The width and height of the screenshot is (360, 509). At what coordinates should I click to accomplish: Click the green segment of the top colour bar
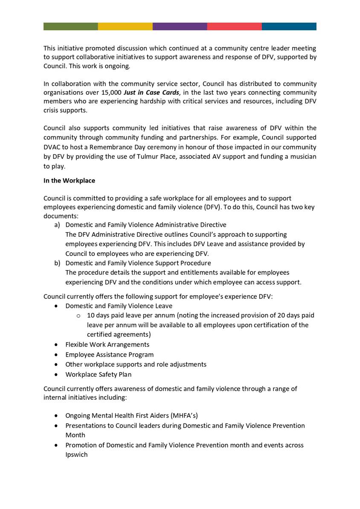(x=70, y=26)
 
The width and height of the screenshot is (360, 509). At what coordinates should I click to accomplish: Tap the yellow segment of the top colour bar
(x=125, y=26)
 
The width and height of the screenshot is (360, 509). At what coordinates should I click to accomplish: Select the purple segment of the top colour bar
(x=180, y=26)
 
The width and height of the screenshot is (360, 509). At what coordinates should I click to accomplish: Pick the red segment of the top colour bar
(x=234, y=26)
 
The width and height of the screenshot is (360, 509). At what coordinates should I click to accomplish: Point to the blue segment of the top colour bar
(x=289, y=26)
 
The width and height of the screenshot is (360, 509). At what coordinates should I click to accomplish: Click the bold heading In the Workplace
(x=69, y=180)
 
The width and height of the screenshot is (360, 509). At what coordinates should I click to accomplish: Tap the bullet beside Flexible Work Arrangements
(x=57, y=345)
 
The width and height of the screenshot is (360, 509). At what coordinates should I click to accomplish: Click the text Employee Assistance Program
(x=109, y=355)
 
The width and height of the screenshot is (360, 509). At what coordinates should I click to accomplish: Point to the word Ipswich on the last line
(x=76, y=455)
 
